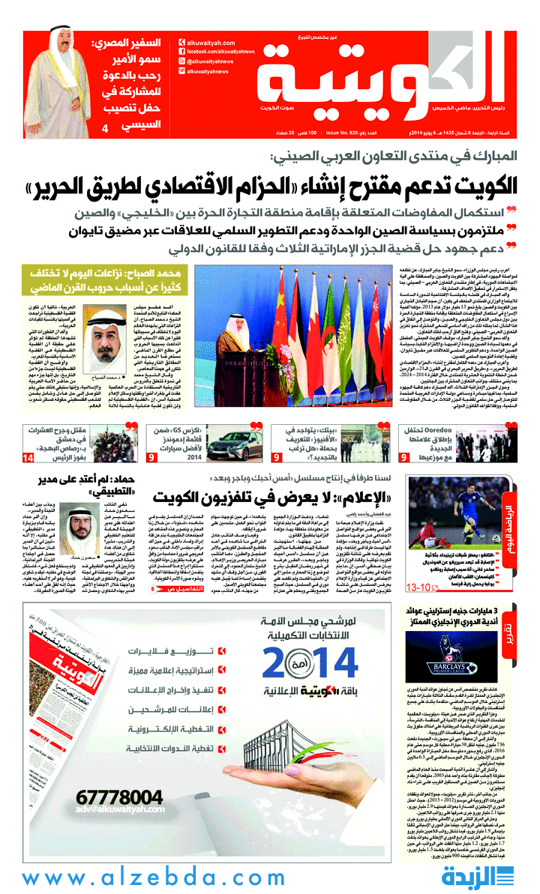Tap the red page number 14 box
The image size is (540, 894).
coord(28,457)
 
